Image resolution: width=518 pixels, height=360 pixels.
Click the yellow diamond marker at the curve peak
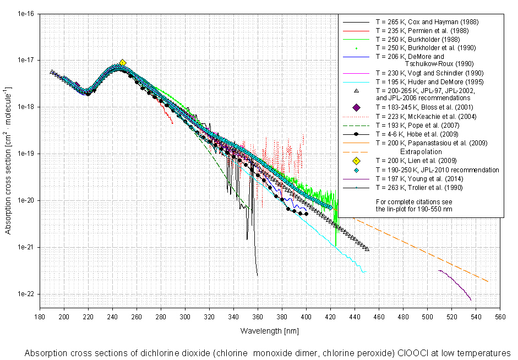point(123,63)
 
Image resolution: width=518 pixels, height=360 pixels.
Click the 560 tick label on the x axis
point(500,317)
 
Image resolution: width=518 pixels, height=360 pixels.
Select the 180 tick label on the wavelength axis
point(40,317)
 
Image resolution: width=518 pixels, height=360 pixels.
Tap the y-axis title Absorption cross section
point(8,160)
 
